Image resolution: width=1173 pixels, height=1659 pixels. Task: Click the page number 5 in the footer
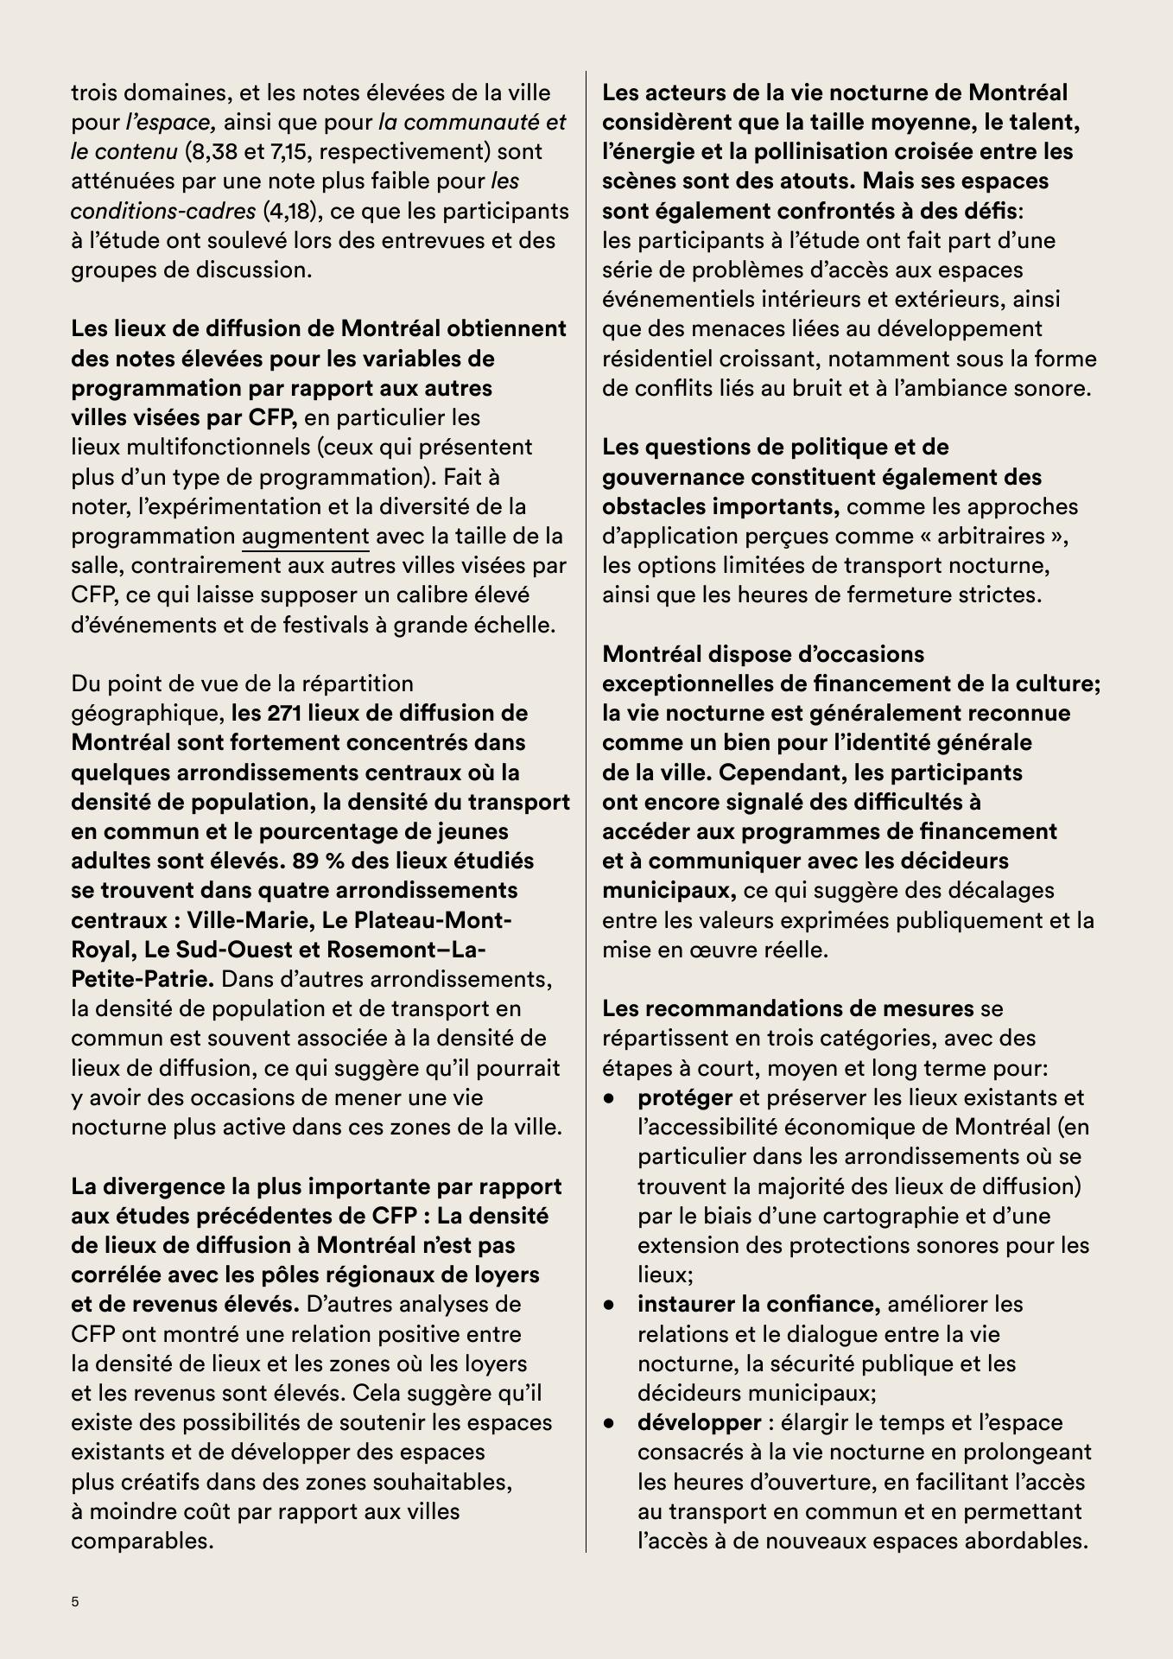pyautogui.click(x=75, y=1601)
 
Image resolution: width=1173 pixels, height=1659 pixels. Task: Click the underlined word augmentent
pyautogui.click(x=305, y=537)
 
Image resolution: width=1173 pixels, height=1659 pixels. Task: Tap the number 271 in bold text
pyautogui.click(x=285, y=714)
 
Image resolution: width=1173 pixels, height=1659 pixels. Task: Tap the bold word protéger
pyautogui.click(x=684, y=1097)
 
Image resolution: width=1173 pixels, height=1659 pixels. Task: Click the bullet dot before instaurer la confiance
pyautogui.click(x=610, y=1305)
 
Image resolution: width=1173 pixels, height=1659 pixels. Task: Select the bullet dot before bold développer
pyautogui.click(x=610, y=1423)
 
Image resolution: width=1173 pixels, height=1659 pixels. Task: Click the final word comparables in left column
pyautogui.click(x=142, y=1541)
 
